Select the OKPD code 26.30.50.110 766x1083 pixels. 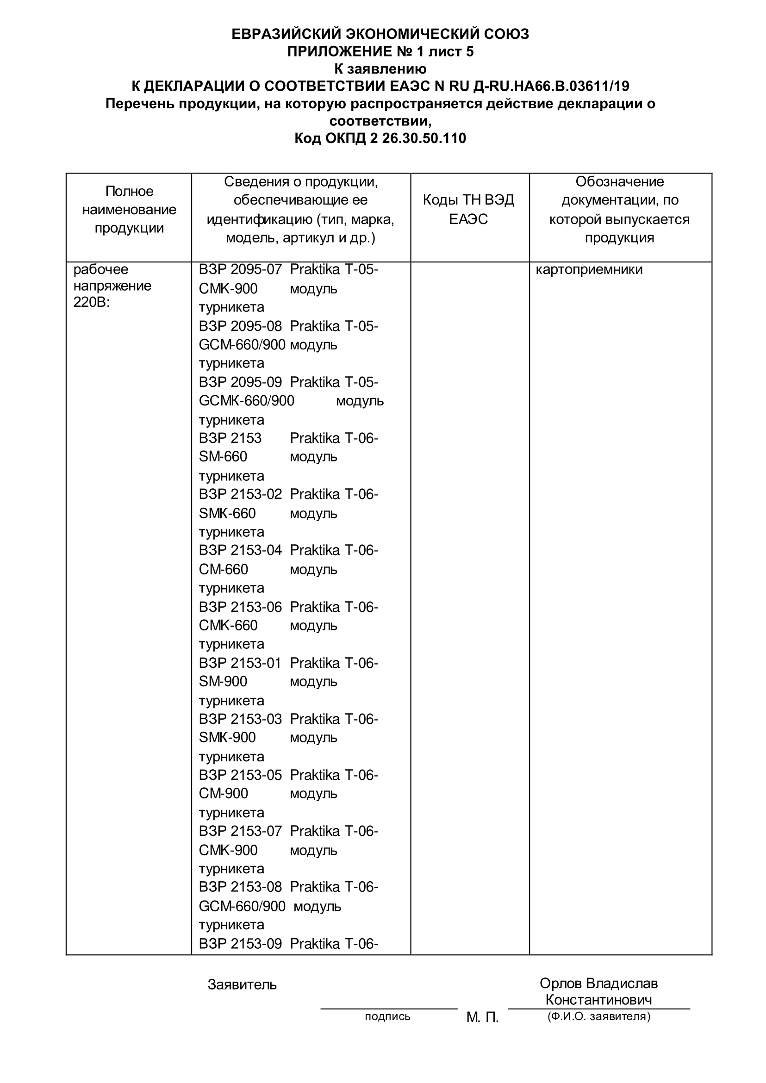[x=421, y=138]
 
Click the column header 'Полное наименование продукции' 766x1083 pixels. [x=129, y=210]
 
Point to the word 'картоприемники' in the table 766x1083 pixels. [x=589, y=270]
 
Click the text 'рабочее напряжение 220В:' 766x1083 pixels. [x=112, y=286]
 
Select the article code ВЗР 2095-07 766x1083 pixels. [x=240, y=270]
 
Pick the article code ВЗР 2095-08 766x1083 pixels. [x=240, y=326]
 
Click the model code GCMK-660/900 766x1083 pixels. [x=246, y=401]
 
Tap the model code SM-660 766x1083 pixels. [x=223, y=457]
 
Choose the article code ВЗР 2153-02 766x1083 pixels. [x=240, y=494]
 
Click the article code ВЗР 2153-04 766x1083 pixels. [x=240, y=550]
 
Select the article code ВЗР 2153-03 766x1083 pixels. [x=240, y=719]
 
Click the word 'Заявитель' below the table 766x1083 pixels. [x=242, y=984]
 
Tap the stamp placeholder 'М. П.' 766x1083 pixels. [x=482, y=1017]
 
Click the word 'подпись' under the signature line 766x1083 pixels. [x=387, y=1016]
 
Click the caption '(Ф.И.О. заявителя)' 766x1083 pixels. [x=598, y=1016]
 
